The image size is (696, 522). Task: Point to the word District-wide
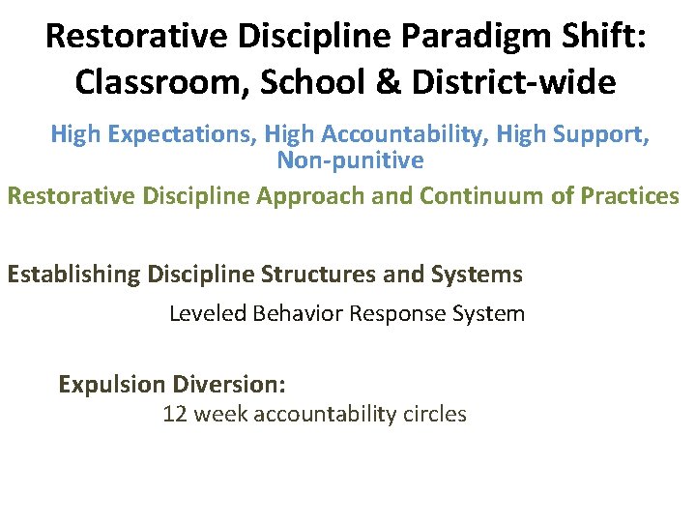[x=515, y=82]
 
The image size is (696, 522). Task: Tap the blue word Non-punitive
[x=350, y=159]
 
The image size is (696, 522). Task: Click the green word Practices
[x=630, y=195]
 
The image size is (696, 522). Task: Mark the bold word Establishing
[x=74, y=275]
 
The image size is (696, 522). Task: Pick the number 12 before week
[x=174, y=415]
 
